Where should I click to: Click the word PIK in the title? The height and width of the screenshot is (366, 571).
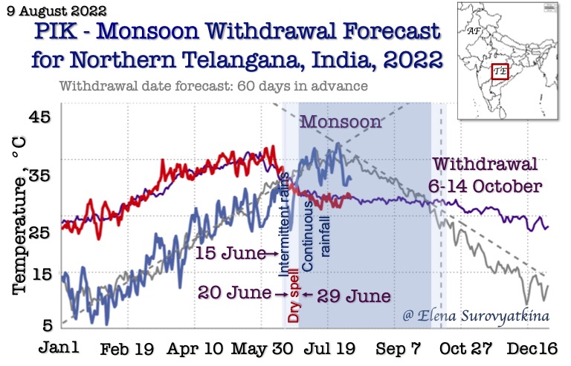tap(59, 33)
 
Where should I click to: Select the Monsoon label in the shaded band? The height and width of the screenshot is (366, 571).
tap(339, 121)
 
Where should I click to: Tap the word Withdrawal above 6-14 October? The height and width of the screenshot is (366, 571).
tap(486, 164)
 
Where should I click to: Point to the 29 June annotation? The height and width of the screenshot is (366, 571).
tap(354, 295)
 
